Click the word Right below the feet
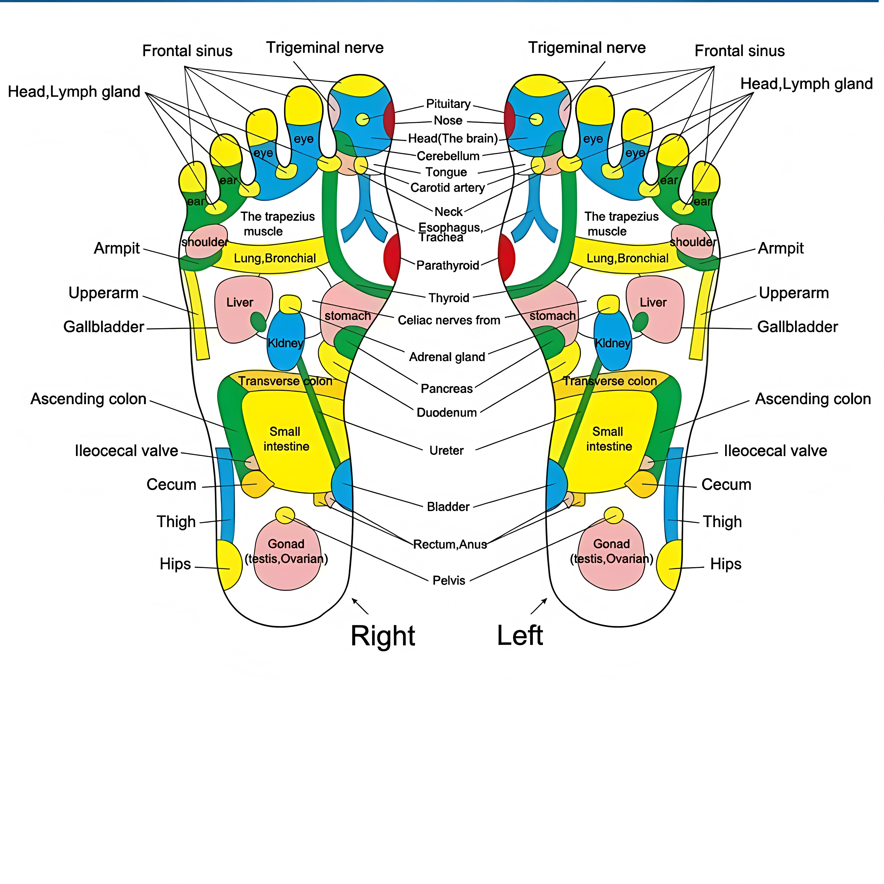(x=383, y=636)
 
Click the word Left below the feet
(x=520, y=636)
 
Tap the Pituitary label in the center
(x=448, y=104)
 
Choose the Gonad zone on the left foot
(x=611, y=554)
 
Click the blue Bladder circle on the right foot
(x=342, y=485)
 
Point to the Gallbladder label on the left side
(x=103, y=327)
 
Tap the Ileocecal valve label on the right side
(x=775, y=451)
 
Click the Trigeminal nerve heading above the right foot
(x=325, y=48)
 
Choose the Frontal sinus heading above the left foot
(x=740, y=51)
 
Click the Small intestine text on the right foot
(x=286, y=439)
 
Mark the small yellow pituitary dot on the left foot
(x=536, y=119)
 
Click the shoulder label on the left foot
(x=693, y=242)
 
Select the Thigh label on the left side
(x=176, y=522)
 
